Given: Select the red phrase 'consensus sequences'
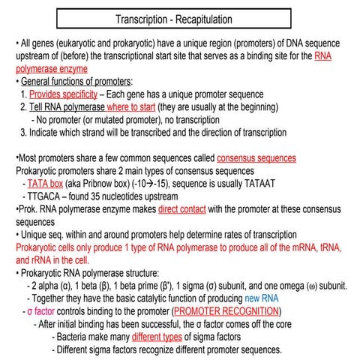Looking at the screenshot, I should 256,158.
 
